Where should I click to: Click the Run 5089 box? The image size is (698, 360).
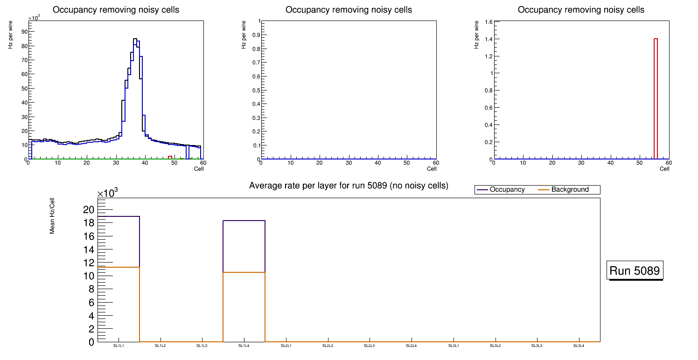tap(635, 271)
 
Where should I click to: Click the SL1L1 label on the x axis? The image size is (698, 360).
tap(119, 346)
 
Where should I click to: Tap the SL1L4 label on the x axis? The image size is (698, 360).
tap(244, 346)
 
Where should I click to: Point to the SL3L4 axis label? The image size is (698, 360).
tap(579, 346)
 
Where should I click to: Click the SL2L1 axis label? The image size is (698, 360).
tap(286, 346)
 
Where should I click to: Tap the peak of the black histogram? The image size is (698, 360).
tap(135, 39)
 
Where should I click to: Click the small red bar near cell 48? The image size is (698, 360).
tap(170, 157)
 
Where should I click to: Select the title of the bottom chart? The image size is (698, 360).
tap(349, 186)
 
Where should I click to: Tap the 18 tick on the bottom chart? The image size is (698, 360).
tap(88, 223)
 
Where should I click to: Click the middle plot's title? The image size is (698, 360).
tap(349, 10)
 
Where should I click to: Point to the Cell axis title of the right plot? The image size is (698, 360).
tap(664, 168)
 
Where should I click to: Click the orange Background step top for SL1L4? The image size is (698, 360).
tap(244, 272)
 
